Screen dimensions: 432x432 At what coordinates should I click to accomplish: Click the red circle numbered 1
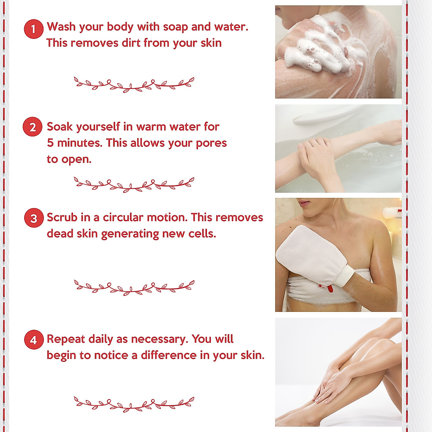33,29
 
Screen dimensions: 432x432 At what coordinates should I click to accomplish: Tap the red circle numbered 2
32,127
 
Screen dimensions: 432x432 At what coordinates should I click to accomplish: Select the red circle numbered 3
33,218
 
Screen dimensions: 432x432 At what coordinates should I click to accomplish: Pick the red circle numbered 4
33,340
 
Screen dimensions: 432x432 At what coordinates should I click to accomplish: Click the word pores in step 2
211,143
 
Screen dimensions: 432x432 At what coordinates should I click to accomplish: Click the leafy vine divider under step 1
134,84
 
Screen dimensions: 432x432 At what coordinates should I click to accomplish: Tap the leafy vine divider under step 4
134,403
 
